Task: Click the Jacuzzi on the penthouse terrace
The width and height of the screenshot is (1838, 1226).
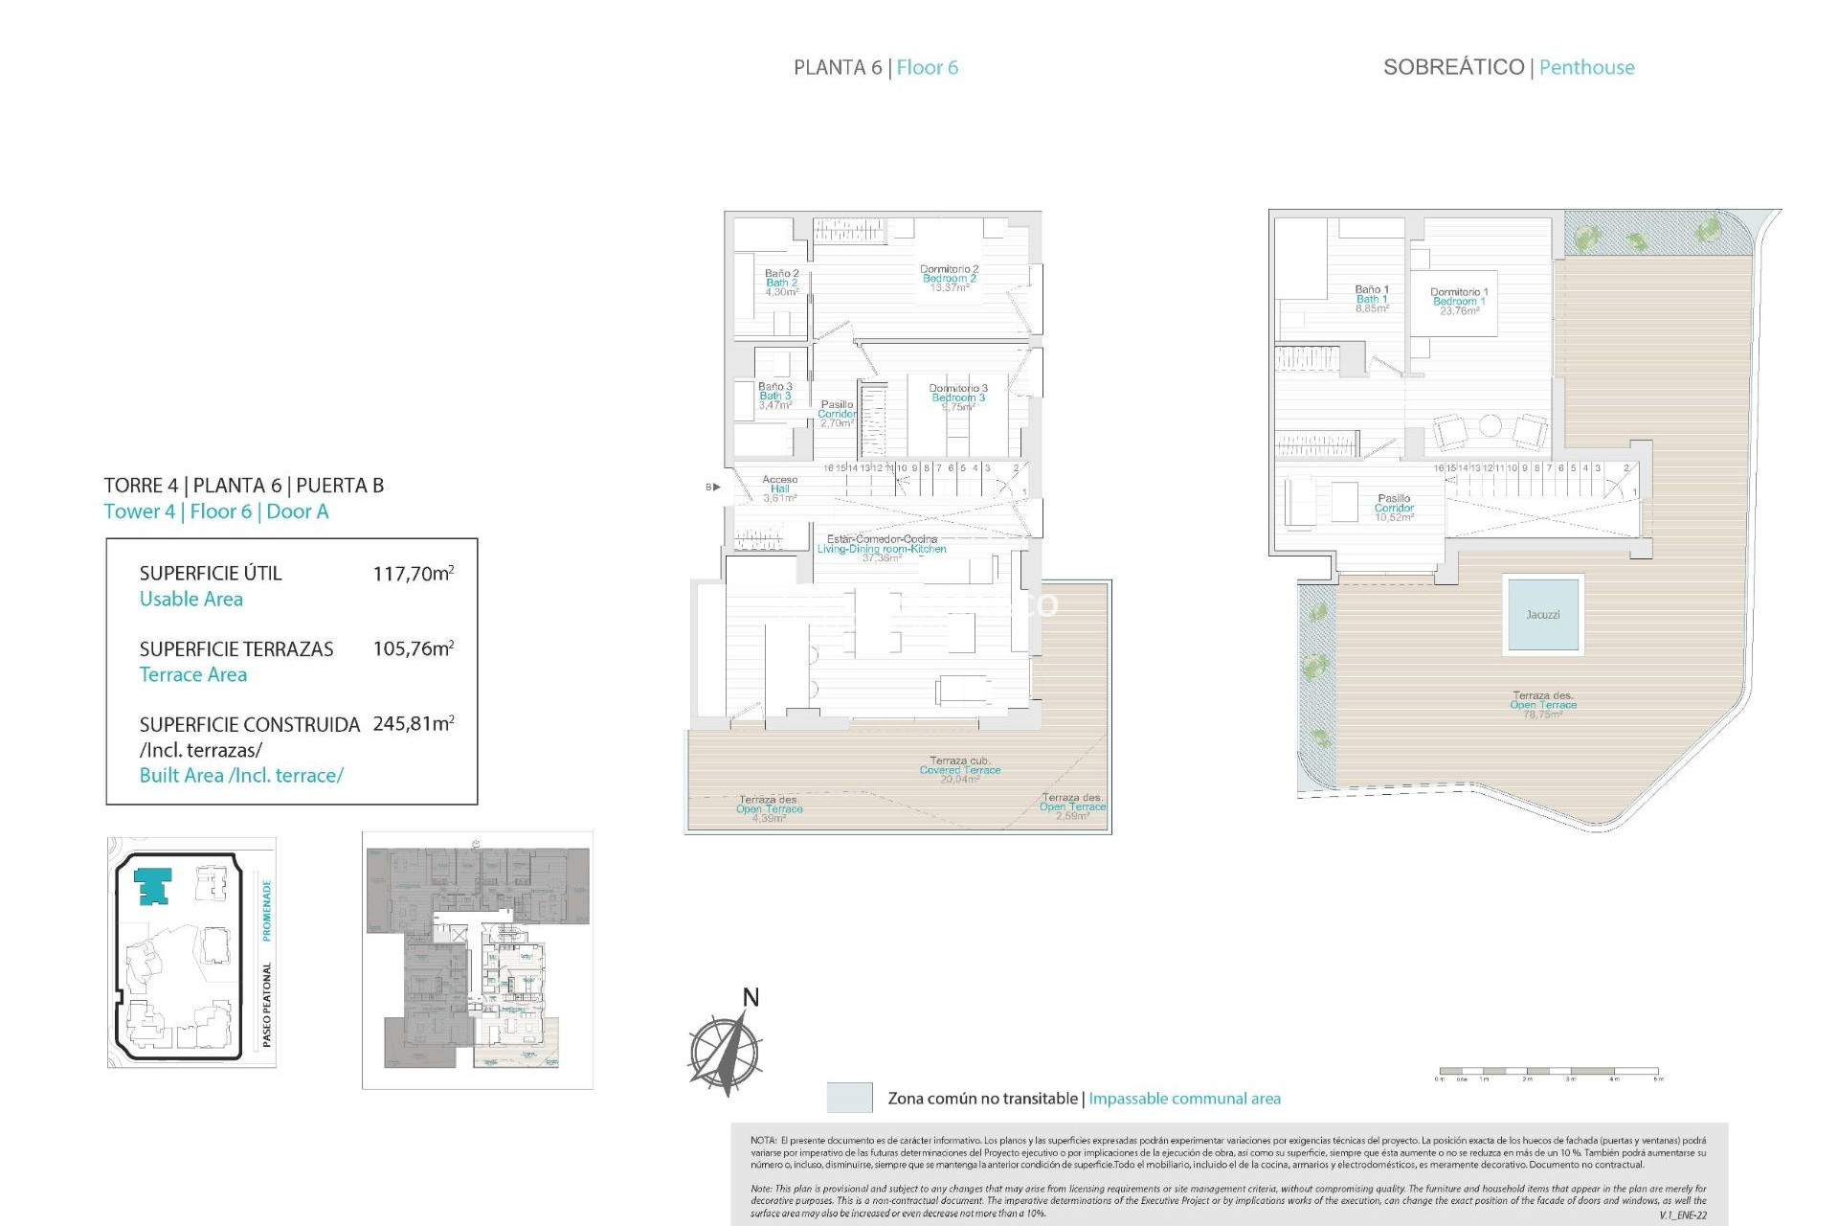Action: click(1542, 614)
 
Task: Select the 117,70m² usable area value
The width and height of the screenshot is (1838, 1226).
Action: click(413, 574)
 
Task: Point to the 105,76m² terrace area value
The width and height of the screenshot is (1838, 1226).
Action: click(413, 648)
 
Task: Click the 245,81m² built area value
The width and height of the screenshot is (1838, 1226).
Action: click(413, 724)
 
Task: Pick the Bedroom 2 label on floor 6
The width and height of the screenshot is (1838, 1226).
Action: click(949, 279)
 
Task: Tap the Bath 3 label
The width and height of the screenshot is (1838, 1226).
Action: click(775, 396)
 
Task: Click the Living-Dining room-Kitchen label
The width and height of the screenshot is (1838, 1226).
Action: click(882, 548)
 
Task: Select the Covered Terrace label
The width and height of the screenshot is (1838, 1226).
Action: click(959, 770)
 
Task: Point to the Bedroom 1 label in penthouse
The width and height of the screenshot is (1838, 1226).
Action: click(1459, 301)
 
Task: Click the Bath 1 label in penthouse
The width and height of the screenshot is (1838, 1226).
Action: click(1372, 299)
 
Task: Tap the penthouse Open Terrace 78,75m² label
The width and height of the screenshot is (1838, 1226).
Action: click(1542, 705)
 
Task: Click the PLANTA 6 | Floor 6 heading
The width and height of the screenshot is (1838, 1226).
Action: click(875, 67)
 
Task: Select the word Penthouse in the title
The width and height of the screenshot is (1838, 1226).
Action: click(1586, 67)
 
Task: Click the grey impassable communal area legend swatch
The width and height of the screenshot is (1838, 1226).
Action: click(849, 1098)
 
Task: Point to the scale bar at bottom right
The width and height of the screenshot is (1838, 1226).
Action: click(1548, 1072)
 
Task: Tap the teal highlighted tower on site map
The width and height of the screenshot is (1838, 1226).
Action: click(153, 886)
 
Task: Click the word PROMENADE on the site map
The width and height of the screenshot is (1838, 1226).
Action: click(267, 910)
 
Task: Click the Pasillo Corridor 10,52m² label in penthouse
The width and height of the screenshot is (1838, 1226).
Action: click(1394, 508)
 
